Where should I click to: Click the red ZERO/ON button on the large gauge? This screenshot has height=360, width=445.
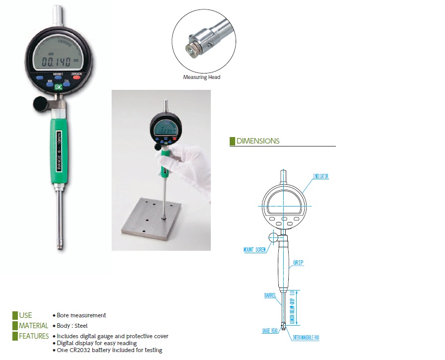point(76,78)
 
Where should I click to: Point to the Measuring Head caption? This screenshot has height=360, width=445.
point(201,77)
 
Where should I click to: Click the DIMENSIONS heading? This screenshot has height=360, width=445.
point(257,141)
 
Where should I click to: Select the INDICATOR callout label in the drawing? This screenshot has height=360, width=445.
point(320,176)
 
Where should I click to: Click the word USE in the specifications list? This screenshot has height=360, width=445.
point(25,315)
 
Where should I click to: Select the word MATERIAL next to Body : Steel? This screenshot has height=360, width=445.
point(34,326)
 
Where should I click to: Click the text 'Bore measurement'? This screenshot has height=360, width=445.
point(81,315)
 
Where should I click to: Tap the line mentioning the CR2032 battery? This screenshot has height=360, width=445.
point(109,350)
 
